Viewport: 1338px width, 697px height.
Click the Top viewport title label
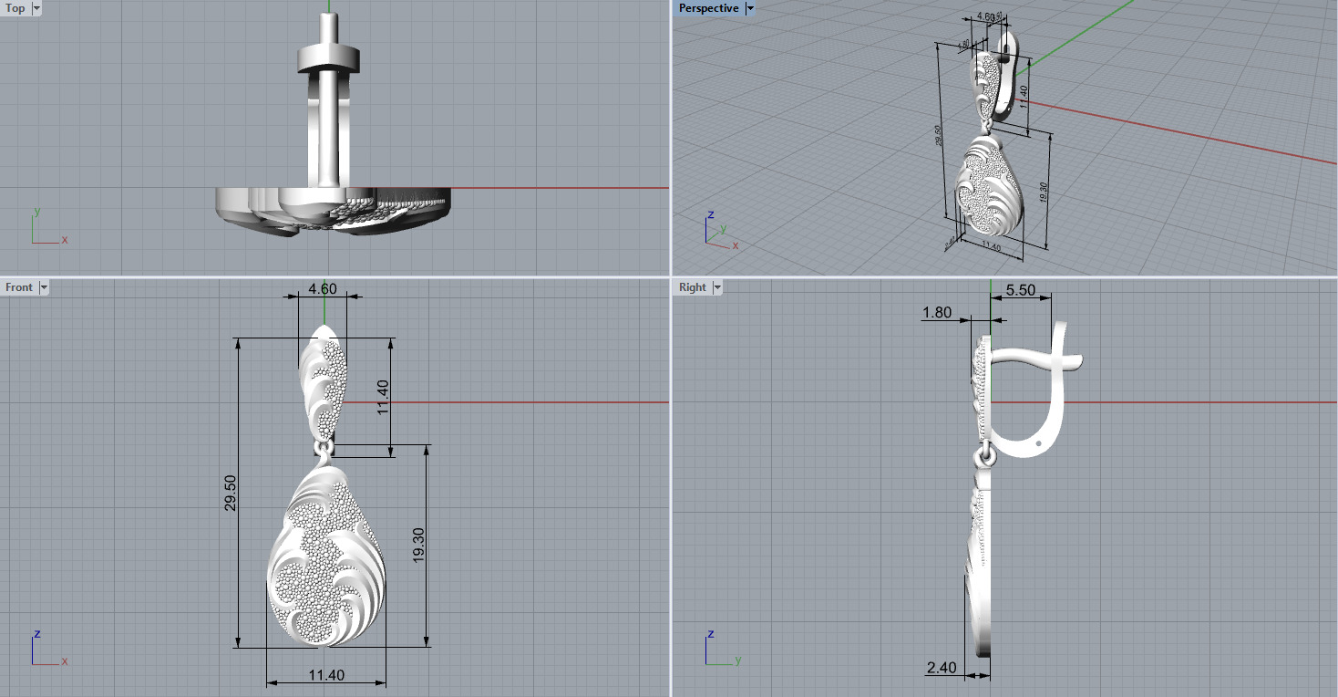pos(15,8)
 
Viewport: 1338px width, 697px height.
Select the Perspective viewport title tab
pos(708,8)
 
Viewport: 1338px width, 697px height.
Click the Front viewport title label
pos(18,287)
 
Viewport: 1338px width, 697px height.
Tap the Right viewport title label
pos(692,287)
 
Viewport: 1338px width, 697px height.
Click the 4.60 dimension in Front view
pos(323,288)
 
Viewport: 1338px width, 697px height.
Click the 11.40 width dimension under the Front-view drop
pos(325,675)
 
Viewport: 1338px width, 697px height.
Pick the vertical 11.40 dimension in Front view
pos(383,397)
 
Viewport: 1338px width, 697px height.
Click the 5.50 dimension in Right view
pos(1020,289)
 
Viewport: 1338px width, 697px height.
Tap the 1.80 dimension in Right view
pos(937,312)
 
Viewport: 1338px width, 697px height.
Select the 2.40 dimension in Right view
pos(942,668)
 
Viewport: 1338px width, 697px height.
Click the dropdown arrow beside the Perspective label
pos(750,8)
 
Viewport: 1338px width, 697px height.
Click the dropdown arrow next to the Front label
pos(44,287)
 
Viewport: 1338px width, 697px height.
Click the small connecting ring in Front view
pos(323,450)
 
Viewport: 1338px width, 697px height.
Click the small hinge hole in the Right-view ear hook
pos(1041,441)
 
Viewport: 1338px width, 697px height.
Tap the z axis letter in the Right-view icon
pos(710,633)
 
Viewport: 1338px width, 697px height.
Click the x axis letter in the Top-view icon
pos(65,240)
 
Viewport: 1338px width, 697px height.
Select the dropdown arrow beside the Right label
pos(717,287)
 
